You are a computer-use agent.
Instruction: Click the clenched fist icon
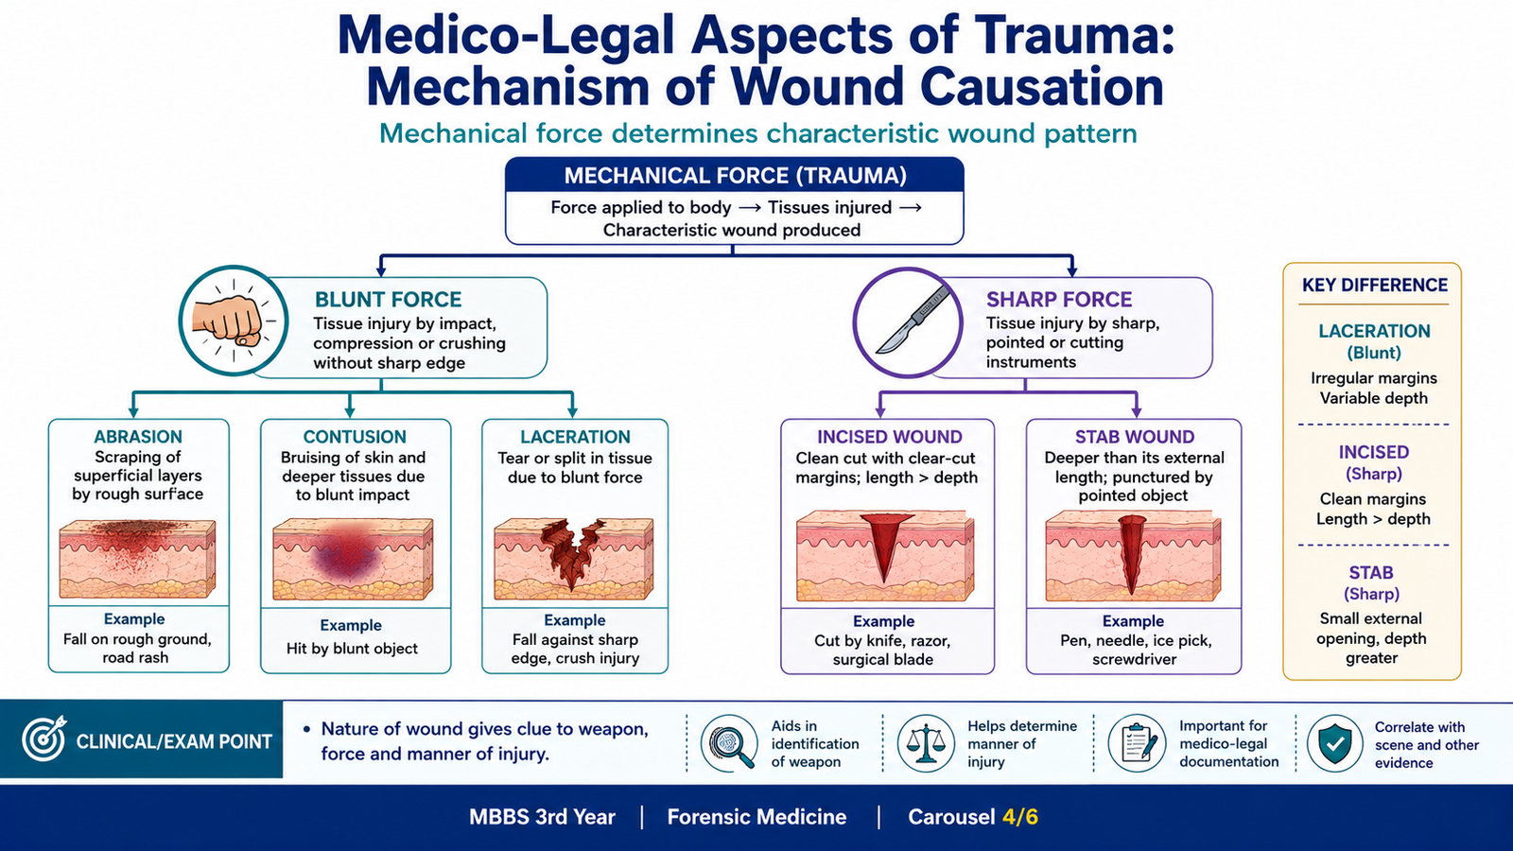click(x=228, y=321)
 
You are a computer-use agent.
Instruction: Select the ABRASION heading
click(x=138, y=437)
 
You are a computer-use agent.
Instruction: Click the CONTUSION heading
click(x=355, y=437)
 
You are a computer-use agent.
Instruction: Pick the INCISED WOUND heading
click(x=889, y=437)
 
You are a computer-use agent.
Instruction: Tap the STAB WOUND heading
click(x=1135, y=437)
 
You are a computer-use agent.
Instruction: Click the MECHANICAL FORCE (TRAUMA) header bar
click(x=735, y=176)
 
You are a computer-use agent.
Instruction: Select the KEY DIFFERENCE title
click(x=1375, y=285)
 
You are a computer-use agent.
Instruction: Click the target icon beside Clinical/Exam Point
click(x=43, y=738)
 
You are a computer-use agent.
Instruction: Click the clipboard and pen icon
click(x=1138, y=743)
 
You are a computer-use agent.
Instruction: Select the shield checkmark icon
click(x=1334, y=743)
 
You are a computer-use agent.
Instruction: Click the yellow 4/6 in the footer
click(x=1020, y=817)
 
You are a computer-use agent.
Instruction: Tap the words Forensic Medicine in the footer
click(x=756, y=817)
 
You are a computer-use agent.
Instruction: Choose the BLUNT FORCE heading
click(x=389, y=299)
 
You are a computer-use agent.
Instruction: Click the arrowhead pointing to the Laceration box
click(x=572, y=412)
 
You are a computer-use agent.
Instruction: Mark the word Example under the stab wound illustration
click(x=1134, y=620)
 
